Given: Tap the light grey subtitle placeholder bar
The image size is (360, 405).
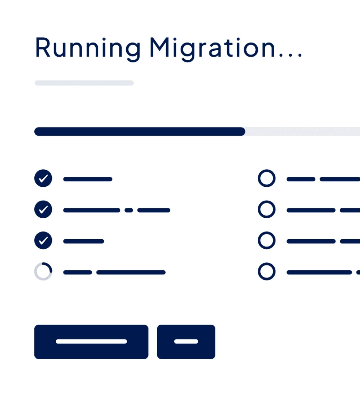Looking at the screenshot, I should pyautogui.click(x=84, y=83).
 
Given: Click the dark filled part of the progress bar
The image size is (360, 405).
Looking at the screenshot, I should pyautogui.click(x=139, y=132).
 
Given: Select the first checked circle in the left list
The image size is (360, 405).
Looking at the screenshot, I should pyautogui.click(x=43, y=178).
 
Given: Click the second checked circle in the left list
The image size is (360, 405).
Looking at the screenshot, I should pyautogui.click(x=43, y=209).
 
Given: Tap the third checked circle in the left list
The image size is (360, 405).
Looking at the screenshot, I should pyautogui.click(x=43, y=240).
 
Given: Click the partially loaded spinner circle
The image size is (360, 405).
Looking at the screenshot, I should pyautogui.click(x=43, y=271).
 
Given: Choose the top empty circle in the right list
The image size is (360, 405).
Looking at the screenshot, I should pyautogui.click(x=266, y=178).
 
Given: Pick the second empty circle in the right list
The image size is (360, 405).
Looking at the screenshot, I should pyautogui.click(x=266, y=209).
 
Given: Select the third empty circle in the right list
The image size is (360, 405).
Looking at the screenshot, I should pyautogui.click(x=266, y=240).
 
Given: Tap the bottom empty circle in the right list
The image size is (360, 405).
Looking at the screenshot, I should pyautogui.click(x=266, y=271).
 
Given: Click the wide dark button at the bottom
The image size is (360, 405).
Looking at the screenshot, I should pyautogui.click(x=91, y=342).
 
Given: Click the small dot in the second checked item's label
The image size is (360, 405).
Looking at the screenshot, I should pyautogui.click(x=129, y=210).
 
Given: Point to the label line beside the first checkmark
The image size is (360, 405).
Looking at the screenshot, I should pyautogui.click(x=88, y=179).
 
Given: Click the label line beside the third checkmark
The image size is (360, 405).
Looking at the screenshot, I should pyautogui.click(x=84, y=241).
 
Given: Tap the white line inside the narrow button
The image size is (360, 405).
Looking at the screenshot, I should pyautogui.click(x=186, y=341).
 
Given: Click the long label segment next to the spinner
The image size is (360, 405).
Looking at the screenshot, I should pyautogui.click(x=131, y=272).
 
